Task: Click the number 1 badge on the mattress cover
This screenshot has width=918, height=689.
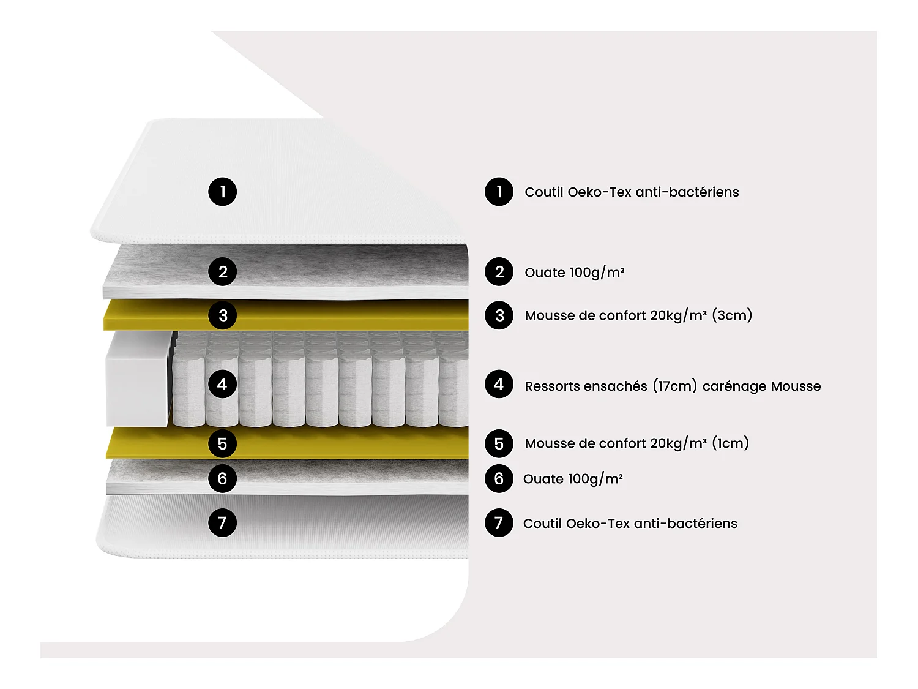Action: point(222,192)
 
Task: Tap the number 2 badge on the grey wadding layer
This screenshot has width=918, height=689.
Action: point(222,272)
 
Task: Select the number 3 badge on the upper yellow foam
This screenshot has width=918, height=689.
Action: point(222,315)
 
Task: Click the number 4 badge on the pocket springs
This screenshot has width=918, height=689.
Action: point(222,384)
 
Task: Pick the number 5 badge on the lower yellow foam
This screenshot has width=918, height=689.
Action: point(222,443)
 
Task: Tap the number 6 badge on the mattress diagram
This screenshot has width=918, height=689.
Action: point(222,478)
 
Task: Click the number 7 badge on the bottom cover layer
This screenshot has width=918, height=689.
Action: point(222,522)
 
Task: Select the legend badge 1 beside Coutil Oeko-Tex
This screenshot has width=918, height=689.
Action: point(499,192)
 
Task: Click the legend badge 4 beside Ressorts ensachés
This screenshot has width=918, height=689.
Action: point(499,384)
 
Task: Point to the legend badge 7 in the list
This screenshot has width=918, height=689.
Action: point(499,523)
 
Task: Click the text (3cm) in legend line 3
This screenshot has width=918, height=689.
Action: point(732,315)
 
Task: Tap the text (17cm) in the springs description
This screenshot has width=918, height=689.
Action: point(674,386)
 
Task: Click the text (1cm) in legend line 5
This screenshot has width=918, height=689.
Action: point(730,443)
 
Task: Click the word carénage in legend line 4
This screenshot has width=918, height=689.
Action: point(734,386)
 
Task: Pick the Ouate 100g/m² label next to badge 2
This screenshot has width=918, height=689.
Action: point(574,273)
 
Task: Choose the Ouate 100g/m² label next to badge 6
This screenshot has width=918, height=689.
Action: point(573,479)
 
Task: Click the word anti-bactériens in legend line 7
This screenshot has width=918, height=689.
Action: point(685,523)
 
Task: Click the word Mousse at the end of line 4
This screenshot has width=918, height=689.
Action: point(796,386)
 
